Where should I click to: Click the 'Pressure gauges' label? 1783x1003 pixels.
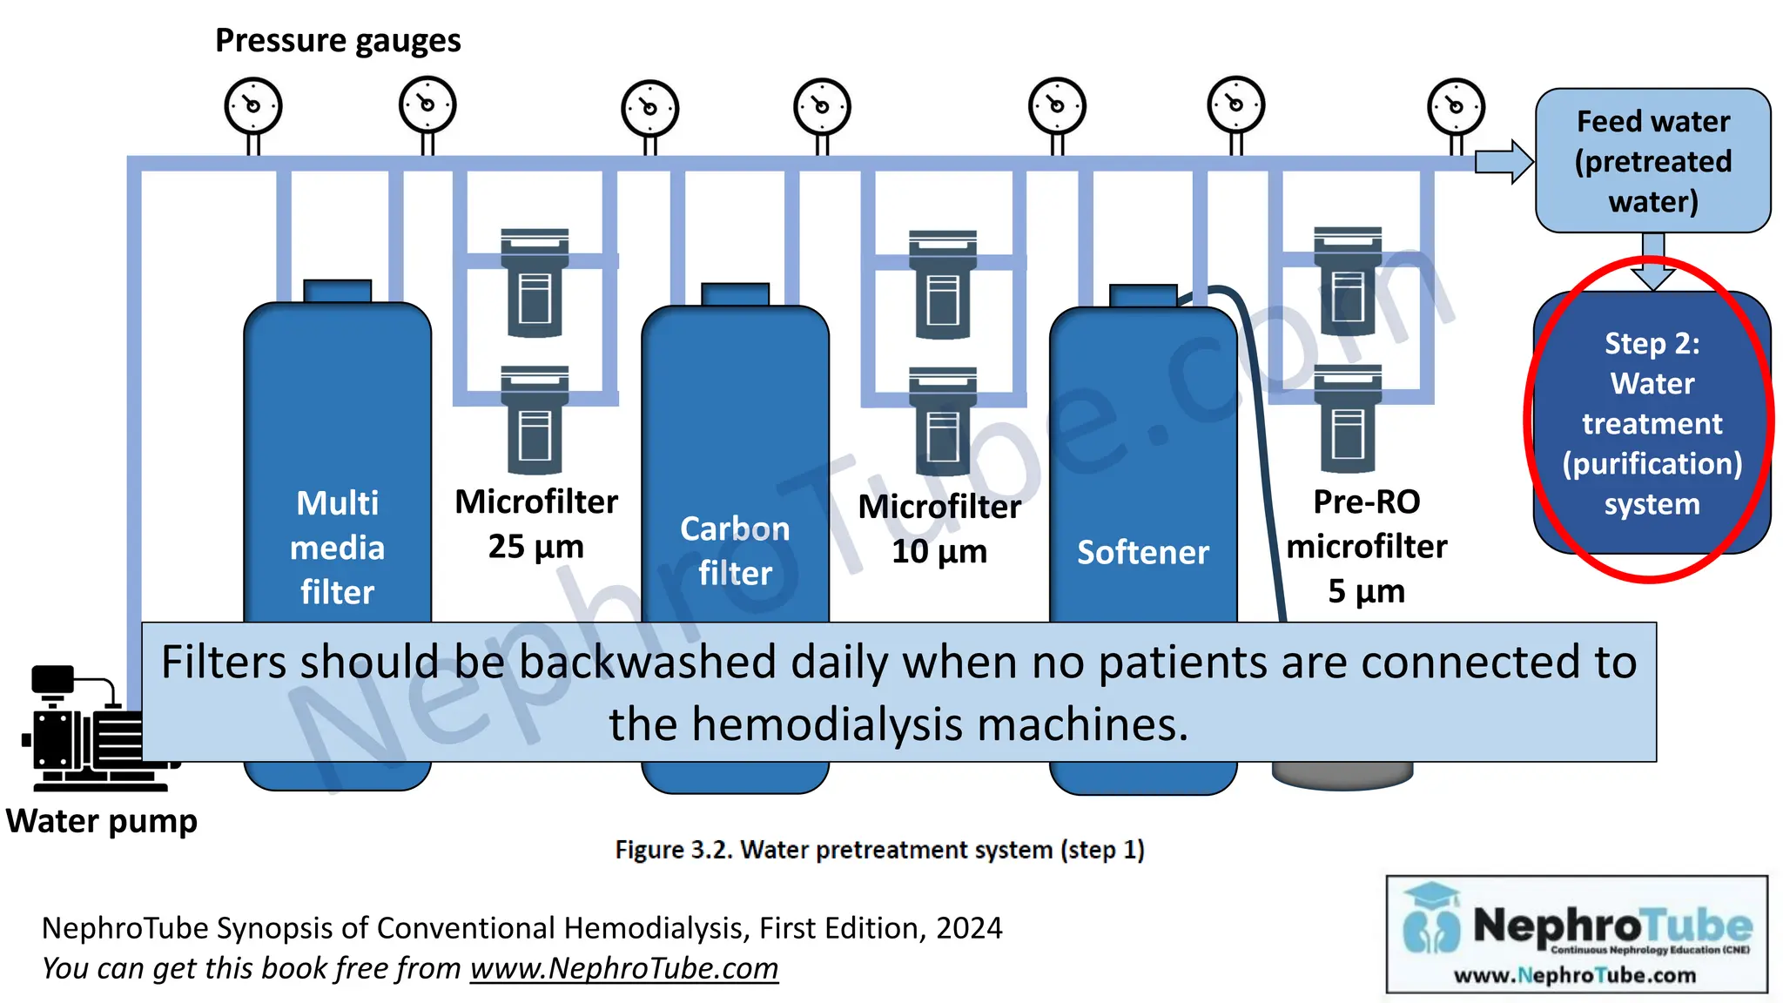(x=338, y=41)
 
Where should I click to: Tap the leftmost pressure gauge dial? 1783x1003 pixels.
(x=253, y=106)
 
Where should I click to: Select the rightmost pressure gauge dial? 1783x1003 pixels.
(x=1456, y=107)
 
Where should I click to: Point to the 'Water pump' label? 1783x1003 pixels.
(x=102, y=821)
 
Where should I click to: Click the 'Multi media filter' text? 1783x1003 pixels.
(x=337, y=547)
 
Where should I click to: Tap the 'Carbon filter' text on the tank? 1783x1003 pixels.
(x=735, y=550)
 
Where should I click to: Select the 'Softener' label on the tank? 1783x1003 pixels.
(x=1142, y=552)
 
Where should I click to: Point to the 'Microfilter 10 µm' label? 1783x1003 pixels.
(x=939, y=528)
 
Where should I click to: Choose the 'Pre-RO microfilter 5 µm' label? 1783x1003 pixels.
(x=1366, y=546)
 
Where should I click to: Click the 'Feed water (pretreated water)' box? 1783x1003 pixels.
(x=1652, y=161)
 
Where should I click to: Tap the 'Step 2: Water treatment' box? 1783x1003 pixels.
(x=1652, y=423)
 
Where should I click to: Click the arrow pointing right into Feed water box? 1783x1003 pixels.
(x=1504, y=161)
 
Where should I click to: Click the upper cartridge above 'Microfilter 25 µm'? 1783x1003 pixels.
(x=535, y=283)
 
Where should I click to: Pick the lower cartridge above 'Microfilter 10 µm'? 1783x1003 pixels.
(x=942, y=421)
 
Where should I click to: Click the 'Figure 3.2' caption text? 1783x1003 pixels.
(x=879, y=850)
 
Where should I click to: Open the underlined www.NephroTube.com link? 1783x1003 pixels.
(x=624, y=968)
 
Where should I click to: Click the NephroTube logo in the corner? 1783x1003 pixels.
(x=1577, y=934)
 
